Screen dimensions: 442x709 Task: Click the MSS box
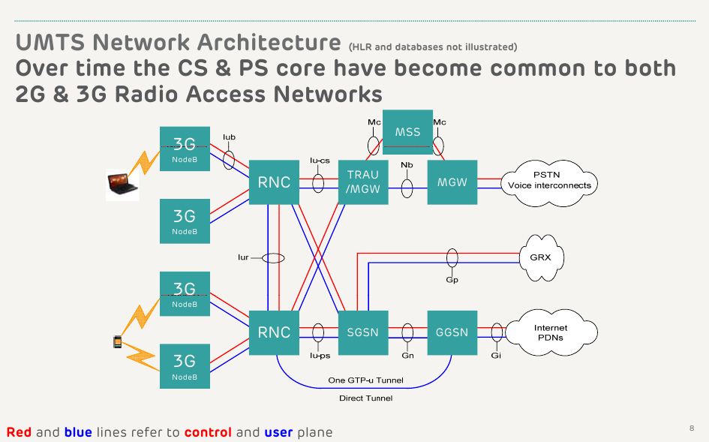pos(407,133)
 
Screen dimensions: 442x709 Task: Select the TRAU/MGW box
pos(363,182)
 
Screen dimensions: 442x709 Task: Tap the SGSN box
pos(363,332)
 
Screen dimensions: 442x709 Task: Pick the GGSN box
pos(452,332)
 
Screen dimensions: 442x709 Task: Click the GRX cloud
pos(540,257)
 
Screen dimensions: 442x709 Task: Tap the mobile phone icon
pos(117,342)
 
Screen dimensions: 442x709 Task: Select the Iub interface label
pos(230,137)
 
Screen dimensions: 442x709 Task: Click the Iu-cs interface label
pos(320,160)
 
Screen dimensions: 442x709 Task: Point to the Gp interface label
pos(452,279)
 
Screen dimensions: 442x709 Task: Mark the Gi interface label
pos(496,355)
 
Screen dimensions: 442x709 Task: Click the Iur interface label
pos(243,257)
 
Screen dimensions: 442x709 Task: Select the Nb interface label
pos(407,164)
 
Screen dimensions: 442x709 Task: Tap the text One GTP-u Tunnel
pos(365,380)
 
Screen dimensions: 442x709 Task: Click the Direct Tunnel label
pos(365,398)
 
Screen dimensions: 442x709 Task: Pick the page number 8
pos(691,428)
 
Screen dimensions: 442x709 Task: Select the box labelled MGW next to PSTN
pos(452,182)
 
